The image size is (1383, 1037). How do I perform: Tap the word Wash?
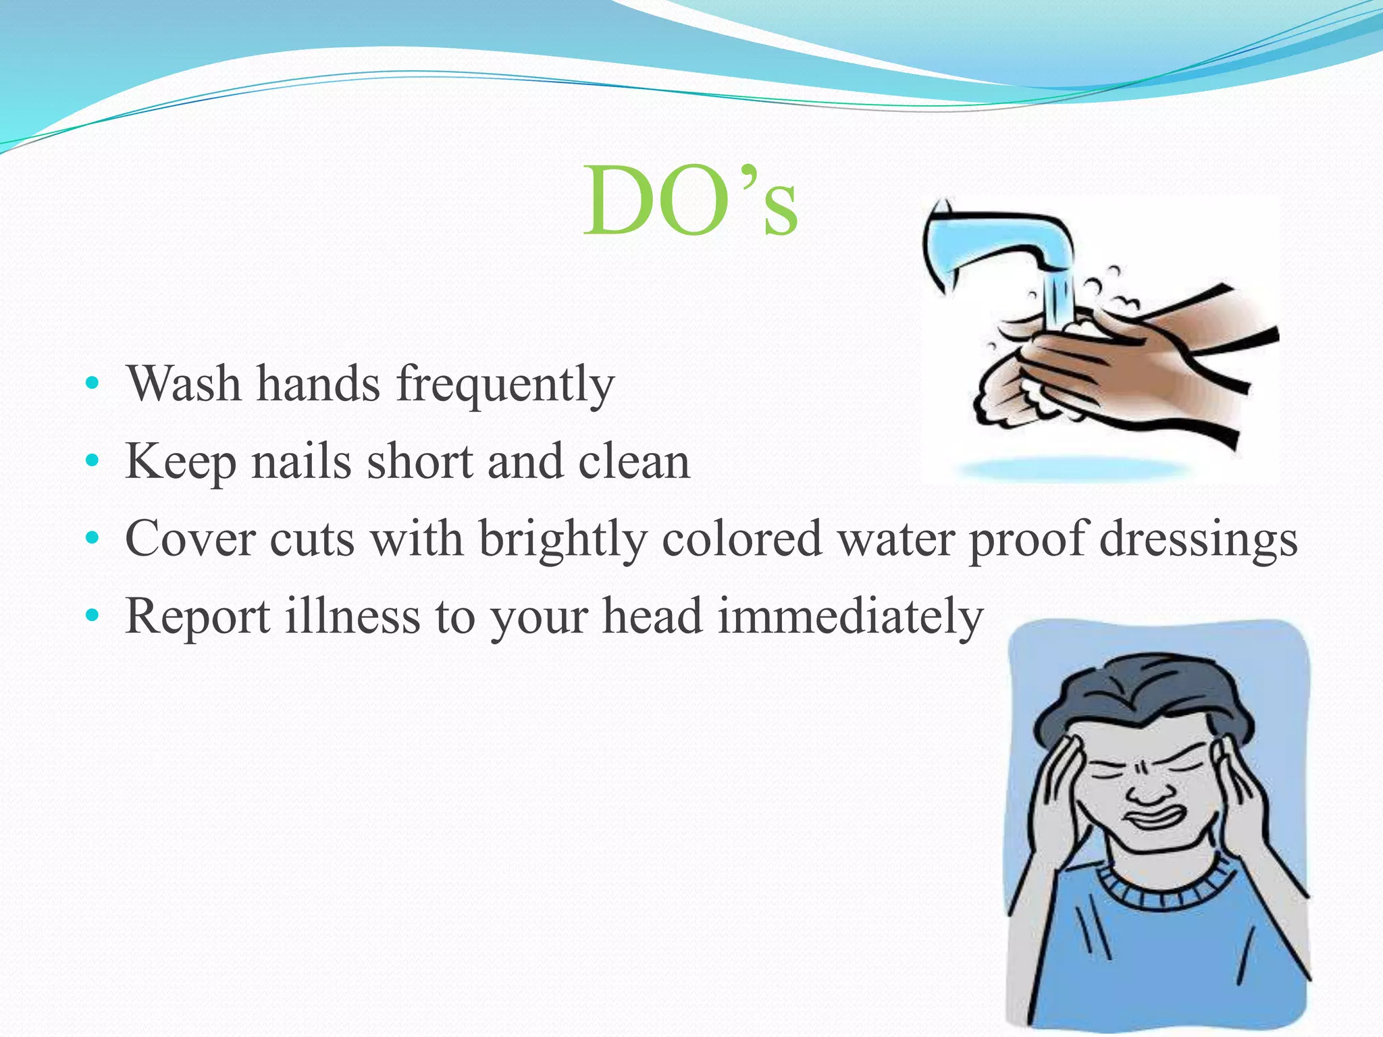[x=184, y=383]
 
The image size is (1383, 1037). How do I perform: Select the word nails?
[x=302, y=462]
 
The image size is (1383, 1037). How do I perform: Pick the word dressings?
[x=1198, y=540]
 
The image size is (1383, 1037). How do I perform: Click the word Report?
[x=198, y=617]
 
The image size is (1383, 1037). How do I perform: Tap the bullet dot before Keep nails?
[x=93, y=462]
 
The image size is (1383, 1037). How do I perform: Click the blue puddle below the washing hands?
[x=1074, y=469]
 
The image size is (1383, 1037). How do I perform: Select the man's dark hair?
[x=1141, y=695]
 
